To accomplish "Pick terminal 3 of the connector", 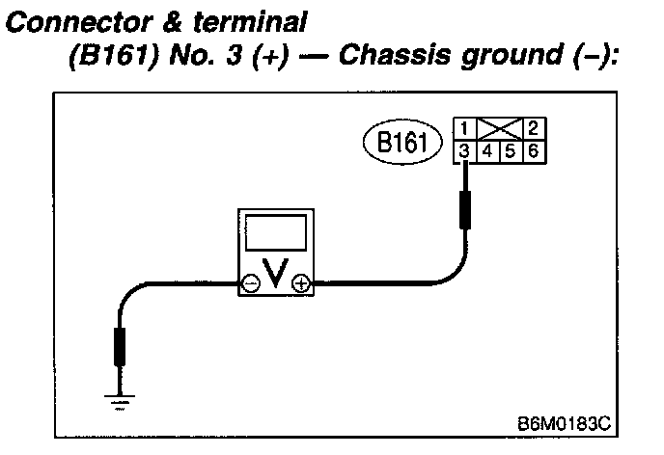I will coord(465,150).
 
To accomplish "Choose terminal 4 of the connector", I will coord(488,150).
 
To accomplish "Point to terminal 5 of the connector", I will coord(512,150).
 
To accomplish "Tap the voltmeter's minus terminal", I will coord(250,283).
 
